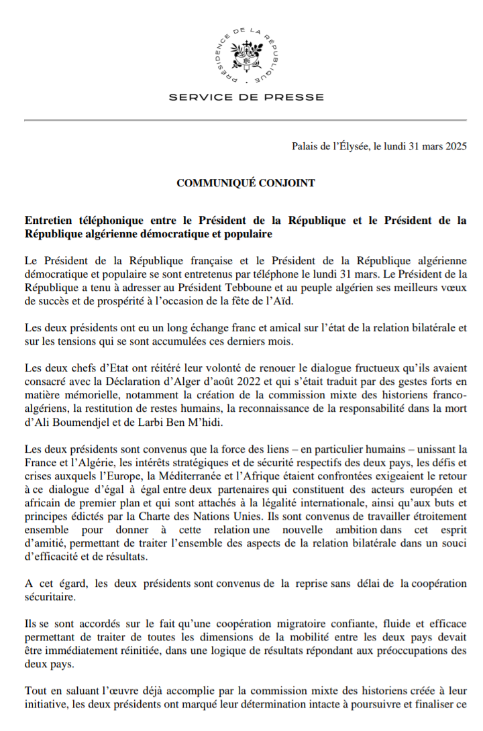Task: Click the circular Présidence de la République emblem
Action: tap(246, 56)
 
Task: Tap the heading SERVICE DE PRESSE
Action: tap(246, 97)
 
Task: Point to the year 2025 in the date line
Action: tap(455, 147)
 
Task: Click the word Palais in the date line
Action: tap(305, 147)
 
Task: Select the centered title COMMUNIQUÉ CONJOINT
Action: tap(246, 183)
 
